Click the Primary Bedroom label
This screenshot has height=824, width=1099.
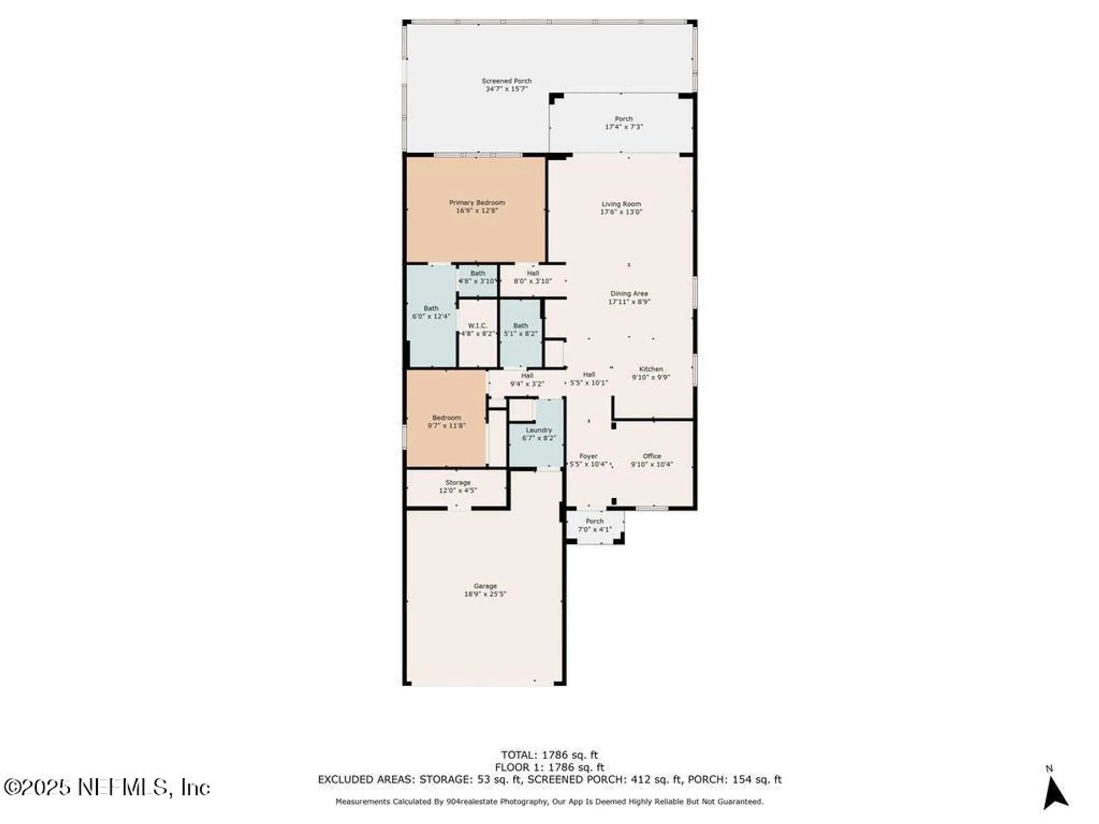click(476, 203)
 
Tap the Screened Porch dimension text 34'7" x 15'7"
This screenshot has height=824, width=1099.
click(506, 89)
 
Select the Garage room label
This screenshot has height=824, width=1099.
click(485, 586)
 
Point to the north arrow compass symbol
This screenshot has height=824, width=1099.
click(1054, 792)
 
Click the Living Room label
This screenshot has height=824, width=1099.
click(621, 204)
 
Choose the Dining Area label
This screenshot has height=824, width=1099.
click(629, 294)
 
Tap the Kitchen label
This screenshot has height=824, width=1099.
click(651, 369)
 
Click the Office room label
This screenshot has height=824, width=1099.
click(652, 456)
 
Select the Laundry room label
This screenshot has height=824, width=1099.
click(539, 430)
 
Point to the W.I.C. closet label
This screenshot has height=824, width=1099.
click(478, 326)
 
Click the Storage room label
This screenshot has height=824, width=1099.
click(458, 482)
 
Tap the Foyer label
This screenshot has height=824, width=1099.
click(588, 456)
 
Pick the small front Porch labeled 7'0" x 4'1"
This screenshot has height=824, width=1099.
click(595, 525)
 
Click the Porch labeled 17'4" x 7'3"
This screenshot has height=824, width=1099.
click(624, 123)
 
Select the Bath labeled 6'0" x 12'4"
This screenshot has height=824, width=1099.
click(431, 312)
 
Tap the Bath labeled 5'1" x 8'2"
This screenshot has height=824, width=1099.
click(520, 330)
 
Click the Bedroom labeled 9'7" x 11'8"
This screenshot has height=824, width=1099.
click(446, 421)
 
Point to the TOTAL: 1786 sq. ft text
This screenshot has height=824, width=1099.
click(549, 755)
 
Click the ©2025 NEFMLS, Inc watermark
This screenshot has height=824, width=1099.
click(107, 787)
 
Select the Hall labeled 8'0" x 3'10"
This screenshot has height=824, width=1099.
click(532, 277)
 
